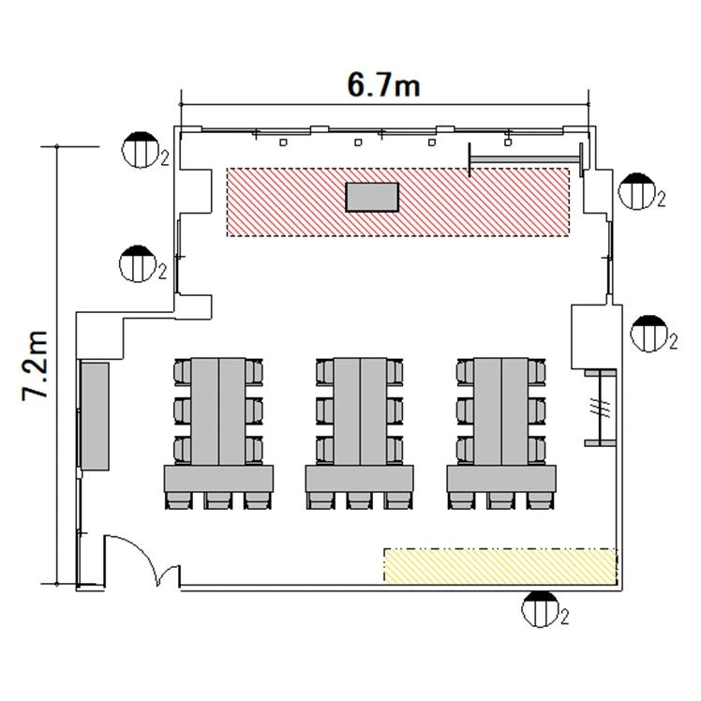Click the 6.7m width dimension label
(383, 85)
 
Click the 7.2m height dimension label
(35, 365)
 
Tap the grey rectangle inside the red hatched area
(372, 197)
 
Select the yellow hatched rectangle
(500, 565)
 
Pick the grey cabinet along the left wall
(96, 416)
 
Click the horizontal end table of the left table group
(218, 479)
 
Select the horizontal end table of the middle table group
(360, 479)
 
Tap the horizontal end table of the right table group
(501, 479)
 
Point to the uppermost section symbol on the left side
(142, 150)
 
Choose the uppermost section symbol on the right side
(637, 191)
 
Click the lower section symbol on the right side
(649, 334)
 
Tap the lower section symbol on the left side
(138, 263)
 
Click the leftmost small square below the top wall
(283, 142)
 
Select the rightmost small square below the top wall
(507, 142)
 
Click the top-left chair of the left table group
(183, 372)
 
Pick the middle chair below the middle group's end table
(360, 500)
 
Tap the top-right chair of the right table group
(537, 372)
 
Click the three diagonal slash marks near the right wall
(600, 407)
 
